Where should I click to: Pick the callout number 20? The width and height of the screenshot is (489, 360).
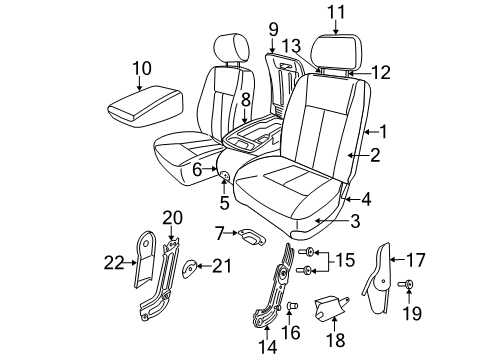171,218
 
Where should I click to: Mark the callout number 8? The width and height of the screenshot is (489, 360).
245,99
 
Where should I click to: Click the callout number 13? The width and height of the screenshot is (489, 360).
291,46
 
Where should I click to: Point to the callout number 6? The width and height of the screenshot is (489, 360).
197,171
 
